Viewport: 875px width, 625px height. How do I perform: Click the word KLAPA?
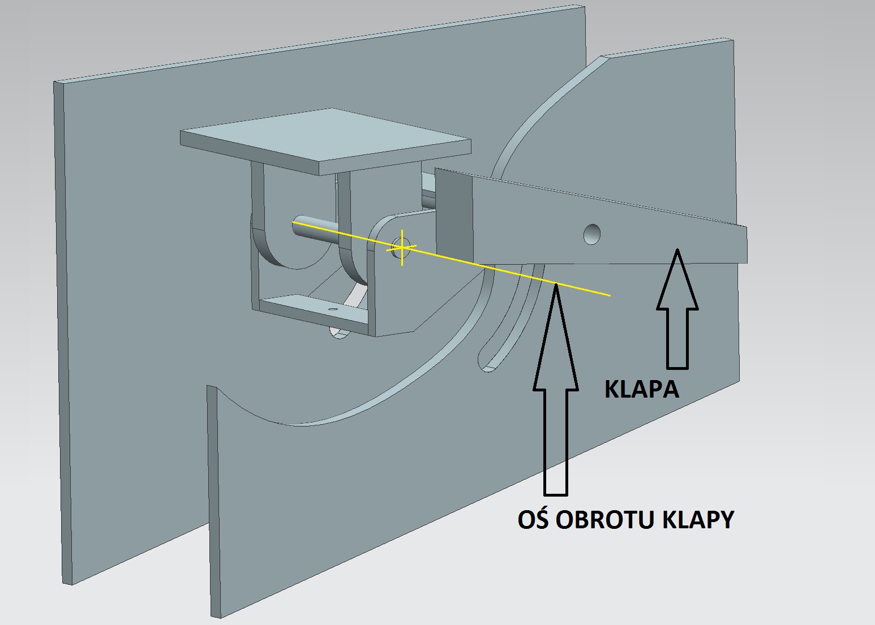[x=641, y=389]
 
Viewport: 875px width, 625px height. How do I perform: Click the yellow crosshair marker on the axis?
[x=402, y=247]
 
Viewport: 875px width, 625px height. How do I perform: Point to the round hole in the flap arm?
[x=592, y=233]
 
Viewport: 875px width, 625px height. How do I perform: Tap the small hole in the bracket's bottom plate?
[x=333, y=310]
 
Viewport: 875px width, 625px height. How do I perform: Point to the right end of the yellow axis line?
[x=610, y=295]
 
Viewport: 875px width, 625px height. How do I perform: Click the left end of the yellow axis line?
[x=294, y=223]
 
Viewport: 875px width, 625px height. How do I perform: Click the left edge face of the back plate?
[x=64, y=334]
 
